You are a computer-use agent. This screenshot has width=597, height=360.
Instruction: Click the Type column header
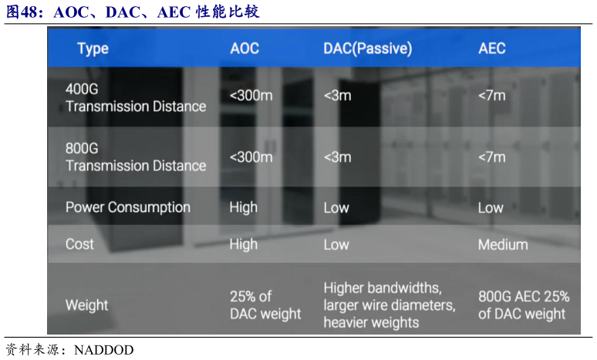(x=93, y=49)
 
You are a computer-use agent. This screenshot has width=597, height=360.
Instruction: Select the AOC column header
(x=245, y=49)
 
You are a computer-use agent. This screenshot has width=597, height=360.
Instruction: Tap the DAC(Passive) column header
(x=367, y=49)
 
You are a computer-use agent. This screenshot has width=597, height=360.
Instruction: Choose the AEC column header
(x=492, y=49)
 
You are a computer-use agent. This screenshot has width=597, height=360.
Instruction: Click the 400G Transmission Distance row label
(x=136, y=98)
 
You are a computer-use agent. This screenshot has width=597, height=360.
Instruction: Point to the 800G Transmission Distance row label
(x=136, y=156)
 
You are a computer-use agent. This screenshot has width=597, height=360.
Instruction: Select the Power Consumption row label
(x=128, y=207)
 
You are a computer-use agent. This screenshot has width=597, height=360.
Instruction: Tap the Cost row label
(x=80, y=244)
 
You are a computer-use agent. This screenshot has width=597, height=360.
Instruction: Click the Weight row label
(x=87, y=305)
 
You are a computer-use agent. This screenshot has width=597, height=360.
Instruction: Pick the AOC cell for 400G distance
(x=251, y=96)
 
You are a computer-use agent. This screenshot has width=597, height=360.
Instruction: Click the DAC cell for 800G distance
(x=337, y=156)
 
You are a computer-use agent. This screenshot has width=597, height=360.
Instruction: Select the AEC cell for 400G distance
(x=492, y=96)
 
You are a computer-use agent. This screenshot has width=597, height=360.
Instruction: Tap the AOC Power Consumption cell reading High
(x=244, y=207)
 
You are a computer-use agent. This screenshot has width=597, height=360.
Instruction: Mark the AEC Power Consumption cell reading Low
(x=491, y=207)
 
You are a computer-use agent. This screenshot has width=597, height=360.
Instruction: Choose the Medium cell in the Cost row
(x=503, y=244)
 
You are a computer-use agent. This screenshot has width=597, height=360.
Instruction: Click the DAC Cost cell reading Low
(x=336, y=244)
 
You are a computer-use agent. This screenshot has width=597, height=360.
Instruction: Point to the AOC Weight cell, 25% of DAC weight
(x=265, y=305)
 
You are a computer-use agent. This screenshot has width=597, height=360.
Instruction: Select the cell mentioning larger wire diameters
(x=390, y=305)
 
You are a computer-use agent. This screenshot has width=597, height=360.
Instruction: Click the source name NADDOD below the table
(x=103, y=349)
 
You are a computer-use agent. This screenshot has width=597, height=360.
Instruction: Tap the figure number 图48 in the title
(x=24, y=12)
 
